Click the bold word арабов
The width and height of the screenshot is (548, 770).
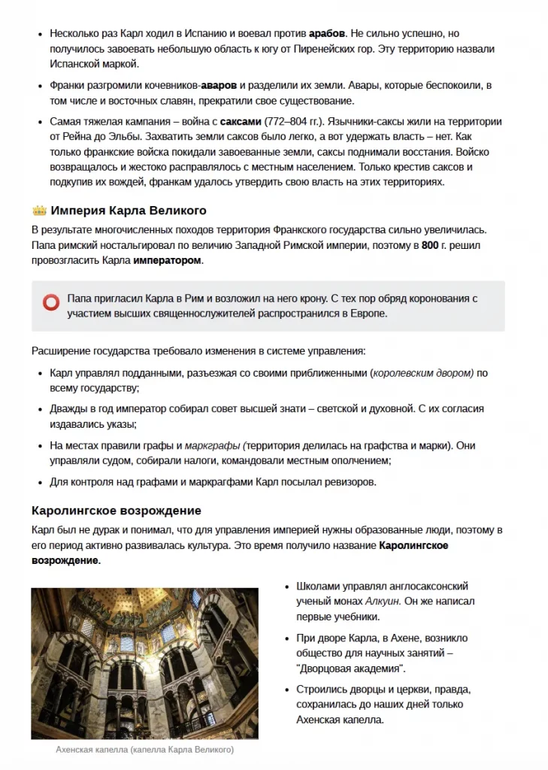click(x=327, y=34)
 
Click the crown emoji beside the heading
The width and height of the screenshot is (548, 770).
click(x=39, y=211)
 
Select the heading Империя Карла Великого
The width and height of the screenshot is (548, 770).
click(x=129, y=211)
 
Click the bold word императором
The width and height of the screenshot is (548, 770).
click(x=168, y=260)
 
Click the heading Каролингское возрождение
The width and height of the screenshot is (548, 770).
click(x=116, y=511)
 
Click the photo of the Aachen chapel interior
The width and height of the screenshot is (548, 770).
click(x=144, y=663)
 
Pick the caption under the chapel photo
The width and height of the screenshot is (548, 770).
click(x=144, y=750)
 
